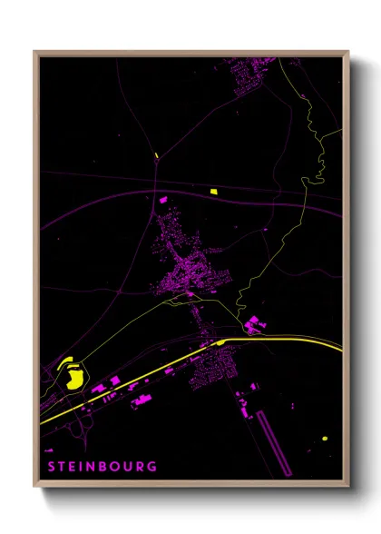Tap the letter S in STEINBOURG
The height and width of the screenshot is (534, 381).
pos(51,466)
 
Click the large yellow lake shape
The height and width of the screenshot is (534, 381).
pos(74,377)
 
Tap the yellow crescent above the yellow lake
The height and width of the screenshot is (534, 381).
pos(66,363)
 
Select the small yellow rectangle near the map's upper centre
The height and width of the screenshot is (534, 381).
pos(214,192)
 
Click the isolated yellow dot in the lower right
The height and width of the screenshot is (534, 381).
pos(324,439)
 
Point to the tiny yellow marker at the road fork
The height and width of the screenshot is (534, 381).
pos(156,155)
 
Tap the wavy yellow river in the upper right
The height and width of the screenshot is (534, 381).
pos(319,145)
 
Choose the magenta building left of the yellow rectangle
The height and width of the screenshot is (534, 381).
pos(164,197)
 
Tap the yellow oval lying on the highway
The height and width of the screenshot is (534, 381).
pos(221,342)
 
